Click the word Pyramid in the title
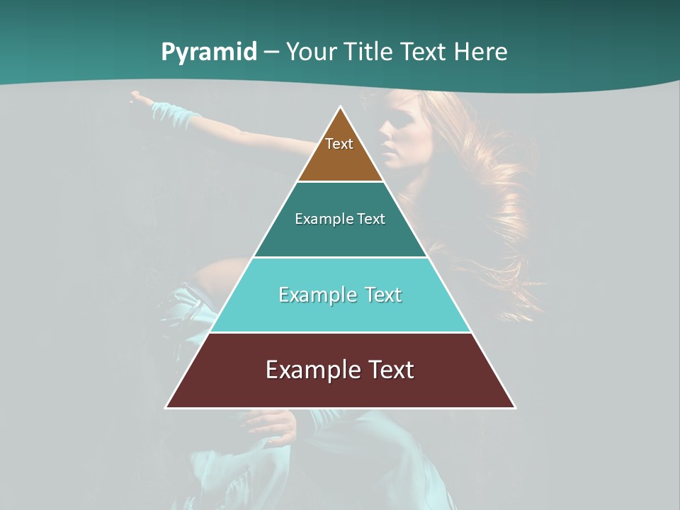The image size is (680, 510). (208, 52)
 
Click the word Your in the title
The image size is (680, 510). (310, 52)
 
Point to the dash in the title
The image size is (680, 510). (271, 52)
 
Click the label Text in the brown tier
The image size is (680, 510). (339, 144)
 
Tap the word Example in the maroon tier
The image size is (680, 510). (312, 370)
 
